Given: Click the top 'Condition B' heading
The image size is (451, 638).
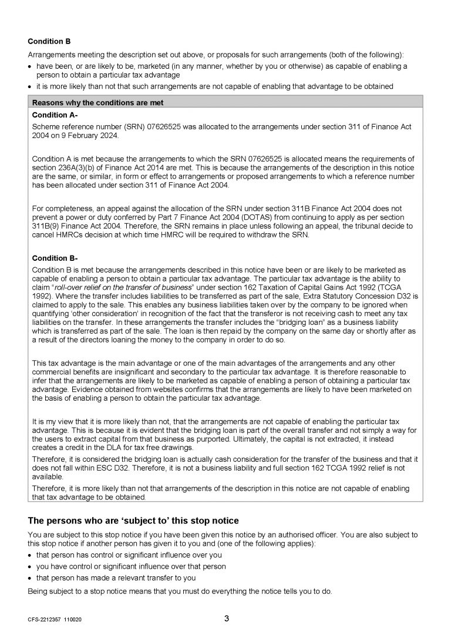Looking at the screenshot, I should pos(49,42).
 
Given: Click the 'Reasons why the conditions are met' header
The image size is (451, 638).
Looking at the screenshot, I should pos(97,103).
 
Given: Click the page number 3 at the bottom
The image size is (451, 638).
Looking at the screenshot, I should pos(226,619).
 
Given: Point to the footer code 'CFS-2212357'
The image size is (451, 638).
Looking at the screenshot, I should pos(45,620).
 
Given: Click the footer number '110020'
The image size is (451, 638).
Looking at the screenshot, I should pos(73,620).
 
